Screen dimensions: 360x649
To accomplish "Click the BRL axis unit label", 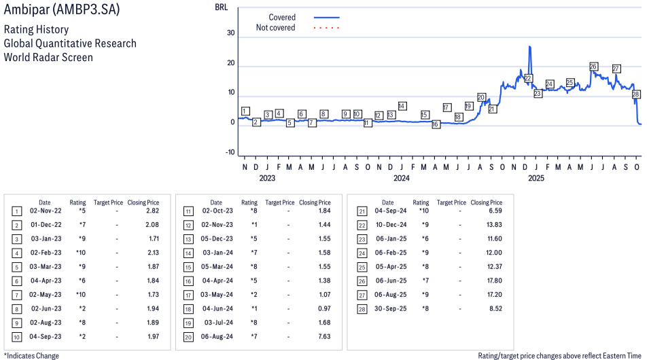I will pyautogui.click(x=222, y=7).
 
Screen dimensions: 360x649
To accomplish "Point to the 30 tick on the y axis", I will pyautogui.click(x=231, y=33).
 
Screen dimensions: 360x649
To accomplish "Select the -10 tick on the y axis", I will pyautogui.click(x=230, y=152).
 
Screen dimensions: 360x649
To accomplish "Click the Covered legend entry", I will pyautogui.click(x=282, y=17).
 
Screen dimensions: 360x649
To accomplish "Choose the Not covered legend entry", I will pyautogui.click(x=275, y=28).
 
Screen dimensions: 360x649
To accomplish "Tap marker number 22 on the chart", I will pyautogui.click(x=528, y=78).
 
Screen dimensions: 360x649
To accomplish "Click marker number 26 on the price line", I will pyautogui.click(x=593, y=67).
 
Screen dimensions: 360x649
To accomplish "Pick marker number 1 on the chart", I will pyautogui.click(x=245, y=111).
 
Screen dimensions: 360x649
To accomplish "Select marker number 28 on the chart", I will pyautogui.click(x=637, y=94).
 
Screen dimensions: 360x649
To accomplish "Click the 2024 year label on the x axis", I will pyautogui.click(x=402, y=179).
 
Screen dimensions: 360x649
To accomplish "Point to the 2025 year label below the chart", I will pyautogui.click(x=536, y=179).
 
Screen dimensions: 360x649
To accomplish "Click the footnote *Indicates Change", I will pyautogui.click(x=31, y=355).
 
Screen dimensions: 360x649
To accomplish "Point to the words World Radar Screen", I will pyautogui.click(x=48, y=57).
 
